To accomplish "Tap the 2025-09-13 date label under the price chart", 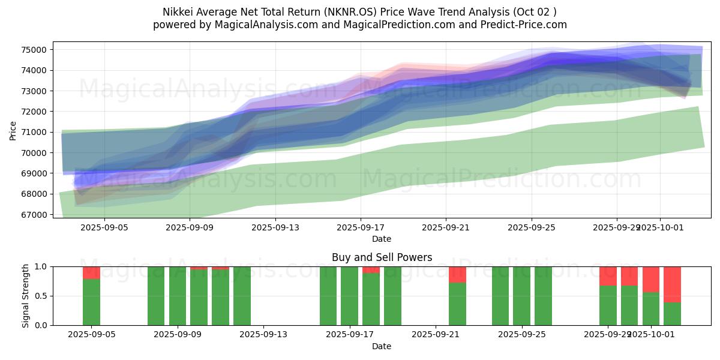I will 275,227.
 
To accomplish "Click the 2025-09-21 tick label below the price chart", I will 446,227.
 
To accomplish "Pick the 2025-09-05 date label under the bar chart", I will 91,335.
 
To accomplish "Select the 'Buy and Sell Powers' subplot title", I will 382,257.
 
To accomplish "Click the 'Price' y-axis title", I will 13,130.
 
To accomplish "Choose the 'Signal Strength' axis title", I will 26,296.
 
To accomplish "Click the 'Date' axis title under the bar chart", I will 382,346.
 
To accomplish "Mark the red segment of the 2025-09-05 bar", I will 91,273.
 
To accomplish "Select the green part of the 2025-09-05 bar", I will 91,302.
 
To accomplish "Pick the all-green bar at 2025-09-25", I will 522,296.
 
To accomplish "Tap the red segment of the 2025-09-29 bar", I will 608,276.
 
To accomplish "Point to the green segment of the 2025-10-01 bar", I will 651,308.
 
